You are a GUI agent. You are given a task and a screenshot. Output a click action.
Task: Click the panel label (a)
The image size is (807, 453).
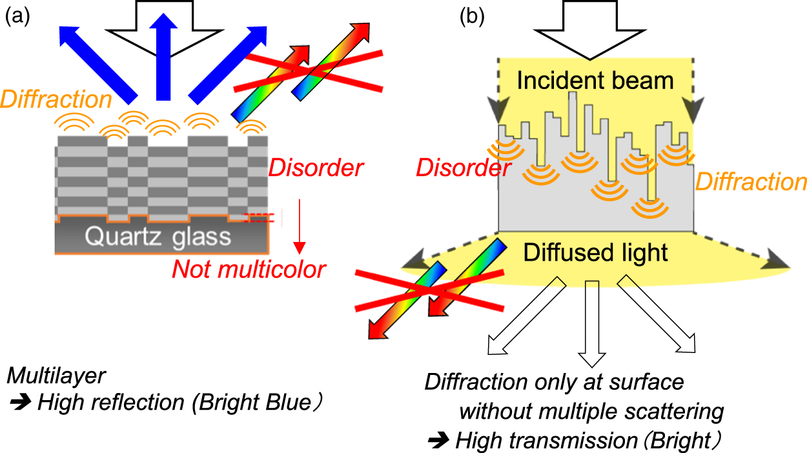click(x=17, y=19)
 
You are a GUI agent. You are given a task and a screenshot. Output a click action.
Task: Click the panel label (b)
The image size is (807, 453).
click(x=472, y=18)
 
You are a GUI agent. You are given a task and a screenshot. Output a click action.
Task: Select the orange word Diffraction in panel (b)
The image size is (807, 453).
click(x=750, y=182)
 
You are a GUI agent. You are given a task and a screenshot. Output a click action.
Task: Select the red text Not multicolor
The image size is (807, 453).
click(x=249, y=268)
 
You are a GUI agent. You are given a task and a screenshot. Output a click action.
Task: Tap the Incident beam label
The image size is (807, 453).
click(x=595, y=81)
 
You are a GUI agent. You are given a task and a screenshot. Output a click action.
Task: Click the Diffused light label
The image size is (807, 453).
click(x=595, y=253)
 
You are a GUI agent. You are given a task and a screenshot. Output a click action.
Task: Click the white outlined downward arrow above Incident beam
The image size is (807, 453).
click(x=596, y=26)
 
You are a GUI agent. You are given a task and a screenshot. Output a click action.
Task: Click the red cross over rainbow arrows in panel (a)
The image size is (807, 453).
click(x=308, y=70)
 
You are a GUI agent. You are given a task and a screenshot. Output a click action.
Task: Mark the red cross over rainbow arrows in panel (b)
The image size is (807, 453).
click(x=429, y=290)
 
